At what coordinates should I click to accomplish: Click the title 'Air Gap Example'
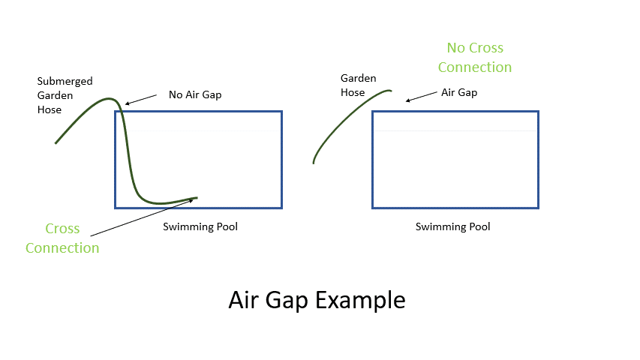[x=317, y=300]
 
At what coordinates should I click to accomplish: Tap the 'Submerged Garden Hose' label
[x=65, y=95]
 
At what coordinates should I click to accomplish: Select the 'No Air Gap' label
[x=195, y=95]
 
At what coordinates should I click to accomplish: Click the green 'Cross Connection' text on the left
[x=62, y=238]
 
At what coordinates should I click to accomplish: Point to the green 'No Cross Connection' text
[x=475, y=58]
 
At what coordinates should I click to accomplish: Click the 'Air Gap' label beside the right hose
[x=458, y=92]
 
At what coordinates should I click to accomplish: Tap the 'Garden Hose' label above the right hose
[x=358, y=85]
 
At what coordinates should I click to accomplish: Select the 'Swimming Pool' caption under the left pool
[x=200, y=226]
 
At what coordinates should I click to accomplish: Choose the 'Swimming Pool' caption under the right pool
[x=452, y=226]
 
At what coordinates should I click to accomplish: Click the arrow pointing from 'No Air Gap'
[x=143, y=98]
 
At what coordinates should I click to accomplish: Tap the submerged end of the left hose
[x=196, y=198]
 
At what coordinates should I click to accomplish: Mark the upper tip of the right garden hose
[x=390, y=91]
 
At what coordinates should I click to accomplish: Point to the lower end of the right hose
[x=314, y=162]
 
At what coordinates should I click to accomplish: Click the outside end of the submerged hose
[x=56, y=142]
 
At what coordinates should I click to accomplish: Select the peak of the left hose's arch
[x=110, y=98]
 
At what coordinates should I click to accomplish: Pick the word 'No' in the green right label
[x=455, y=48]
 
